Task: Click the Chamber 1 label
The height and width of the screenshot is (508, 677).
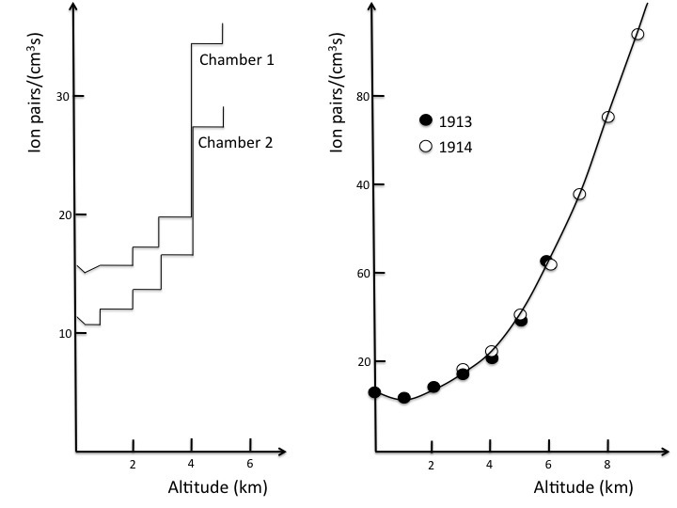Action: [x=236, y=59]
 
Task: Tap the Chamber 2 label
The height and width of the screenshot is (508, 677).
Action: [x=234, y=143]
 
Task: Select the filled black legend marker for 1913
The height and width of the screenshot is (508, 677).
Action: [x=426, y=119]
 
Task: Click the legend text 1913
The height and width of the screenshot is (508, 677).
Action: [x=456, y=119]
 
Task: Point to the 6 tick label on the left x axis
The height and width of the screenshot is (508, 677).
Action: [x=250, y=464]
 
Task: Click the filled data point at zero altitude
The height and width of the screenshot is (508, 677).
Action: [x=374, y=392]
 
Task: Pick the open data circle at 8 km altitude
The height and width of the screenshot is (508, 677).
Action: [x=607, y=117]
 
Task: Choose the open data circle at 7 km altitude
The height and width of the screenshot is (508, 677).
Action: [x=579, y=194]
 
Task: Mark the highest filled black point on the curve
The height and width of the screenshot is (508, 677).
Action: [x=545, y=261]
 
